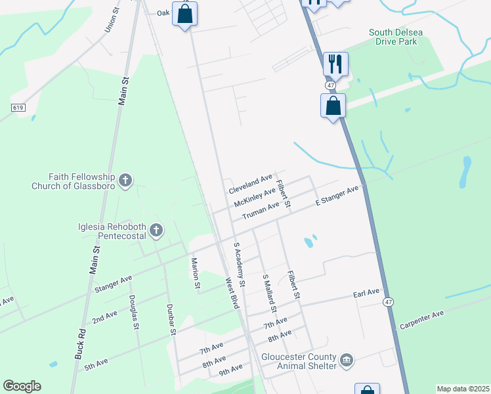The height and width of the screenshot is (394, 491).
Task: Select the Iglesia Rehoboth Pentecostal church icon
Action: tap(156, 230)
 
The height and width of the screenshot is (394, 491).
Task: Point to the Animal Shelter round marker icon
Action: tap(347, 361)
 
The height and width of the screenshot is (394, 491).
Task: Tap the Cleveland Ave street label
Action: tap(250, 184)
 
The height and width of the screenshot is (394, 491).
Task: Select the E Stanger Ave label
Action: tap(337, 196)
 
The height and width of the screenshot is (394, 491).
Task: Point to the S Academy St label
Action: tap(239, 265)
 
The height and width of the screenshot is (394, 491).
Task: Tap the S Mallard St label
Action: tap(269, 293)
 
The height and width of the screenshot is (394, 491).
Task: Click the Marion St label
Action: tap(195, 273)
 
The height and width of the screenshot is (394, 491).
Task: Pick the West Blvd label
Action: tap(232, 293)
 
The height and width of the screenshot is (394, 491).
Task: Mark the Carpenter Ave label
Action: tap(421, 320)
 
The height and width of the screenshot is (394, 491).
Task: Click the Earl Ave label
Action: tap(366, 292)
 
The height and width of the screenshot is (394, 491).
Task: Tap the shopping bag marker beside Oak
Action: tap(185, 14)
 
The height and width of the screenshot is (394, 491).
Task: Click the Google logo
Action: tap(22, 386)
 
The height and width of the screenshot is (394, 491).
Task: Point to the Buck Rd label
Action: tap(79, 343)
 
